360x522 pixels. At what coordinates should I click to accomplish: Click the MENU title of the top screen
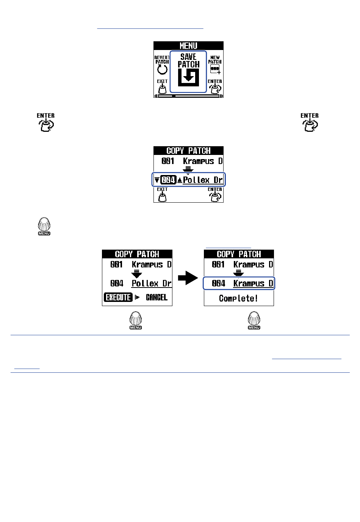188,46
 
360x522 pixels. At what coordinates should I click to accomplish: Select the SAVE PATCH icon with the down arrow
188,77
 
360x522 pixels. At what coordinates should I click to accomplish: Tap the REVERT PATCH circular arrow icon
162,69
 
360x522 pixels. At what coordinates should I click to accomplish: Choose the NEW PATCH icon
215,69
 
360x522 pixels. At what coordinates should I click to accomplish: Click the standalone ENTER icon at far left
46,123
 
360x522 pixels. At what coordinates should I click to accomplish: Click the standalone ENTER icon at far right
310,123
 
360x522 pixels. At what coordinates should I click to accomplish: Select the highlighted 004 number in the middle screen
168,180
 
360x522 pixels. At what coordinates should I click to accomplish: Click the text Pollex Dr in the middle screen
203,180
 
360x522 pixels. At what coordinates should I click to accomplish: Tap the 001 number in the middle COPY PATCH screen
168,161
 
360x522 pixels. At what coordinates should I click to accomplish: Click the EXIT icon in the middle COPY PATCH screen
162,195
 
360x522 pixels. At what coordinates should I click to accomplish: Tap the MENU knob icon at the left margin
44,226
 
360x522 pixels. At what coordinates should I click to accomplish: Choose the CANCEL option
157,297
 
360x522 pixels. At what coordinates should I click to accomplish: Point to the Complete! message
239,299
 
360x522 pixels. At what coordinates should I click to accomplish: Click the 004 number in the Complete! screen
219,283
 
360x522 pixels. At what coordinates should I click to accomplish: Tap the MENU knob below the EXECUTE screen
136,320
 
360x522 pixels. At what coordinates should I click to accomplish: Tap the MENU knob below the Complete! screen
254,320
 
